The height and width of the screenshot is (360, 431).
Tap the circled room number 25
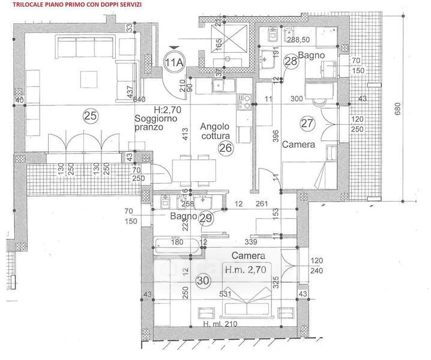click(90, 114)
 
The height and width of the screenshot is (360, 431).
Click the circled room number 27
click(307, 124)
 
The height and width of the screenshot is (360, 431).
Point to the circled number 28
click(291, 61)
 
